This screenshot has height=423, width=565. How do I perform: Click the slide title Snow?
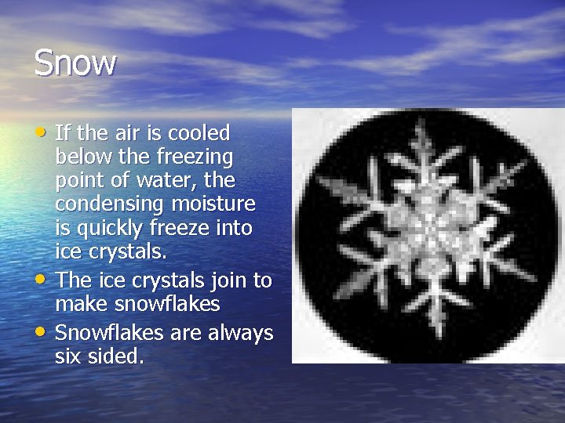click(x=75, y=63)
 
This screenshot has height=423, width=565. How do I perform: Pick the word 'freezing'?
click(x=199, y=157)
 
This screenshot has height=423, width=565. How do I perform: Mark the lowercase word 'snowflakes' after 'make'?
click(x=168, y=304)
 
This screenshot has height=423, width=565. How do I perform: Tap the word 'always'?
click(x=241, y=333)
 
